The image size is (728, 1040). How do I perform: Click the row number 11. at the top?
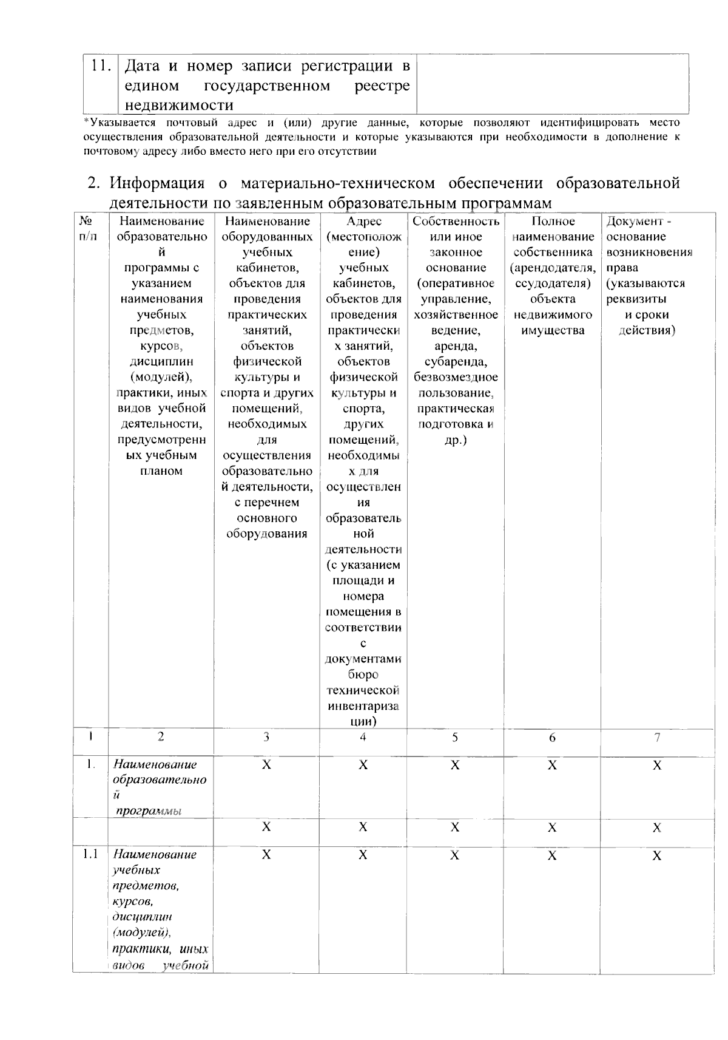101,66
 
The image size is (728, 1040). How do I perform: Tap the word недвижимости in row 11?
179,106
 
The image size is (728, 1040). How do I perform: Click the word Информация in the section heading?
157,183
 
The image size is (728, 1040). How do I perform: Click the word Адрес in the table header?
363,221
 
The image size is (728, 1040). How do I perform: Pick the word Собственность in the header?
456,221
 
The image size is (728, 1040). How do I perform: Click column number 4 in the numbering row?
363,737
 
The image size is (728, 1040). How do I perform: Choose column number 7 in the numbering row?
657,737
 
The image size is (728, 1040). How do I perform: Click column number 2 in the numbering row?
161,737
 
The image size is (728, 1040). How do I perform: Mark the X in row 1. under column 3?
266,765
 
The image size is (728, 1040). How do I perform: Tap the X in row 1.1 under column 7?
657,855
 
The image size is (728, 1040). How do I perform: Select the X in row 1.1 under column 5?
455,855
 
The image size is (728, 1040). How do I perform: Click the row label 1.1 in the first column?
90,854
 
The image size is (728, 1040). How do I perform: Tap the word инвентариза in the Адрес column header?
363,706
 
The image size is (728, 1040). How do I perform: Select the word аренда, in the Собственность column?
456,346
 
